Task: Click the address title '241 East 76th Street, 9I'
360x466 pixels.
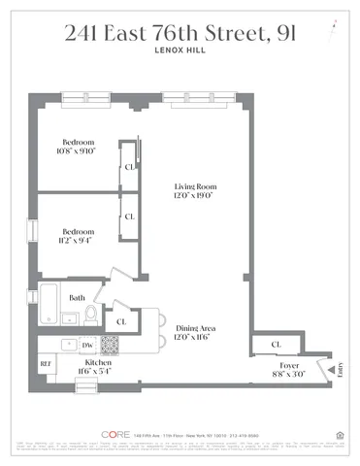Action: pos(180,35)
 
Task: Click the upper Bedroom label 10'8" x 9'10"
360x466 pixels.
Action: pos(78,145)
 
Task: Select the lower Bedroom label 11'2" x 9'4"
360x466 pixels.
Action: pos(78,237)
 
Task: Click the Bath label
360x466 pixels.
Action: pos(77,298)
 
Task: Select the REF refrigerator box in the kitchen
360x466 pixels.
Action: pos(46,364)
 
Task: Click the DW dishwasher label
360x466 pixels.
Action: pos(86,345)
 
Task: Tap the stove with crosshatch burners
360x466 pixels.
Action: pos(110,344)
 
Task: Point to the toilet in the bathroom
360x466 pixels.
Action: pos(91,313)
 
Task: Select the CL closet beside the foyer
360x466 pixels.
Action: pos(277,344)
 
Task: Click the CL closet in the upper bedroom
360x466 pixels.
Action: pos(129,166)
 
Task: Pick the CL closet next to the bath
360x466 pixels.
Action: pos(122,320)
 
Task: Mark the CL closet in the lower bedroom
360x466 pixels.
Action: pos(129,216)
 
